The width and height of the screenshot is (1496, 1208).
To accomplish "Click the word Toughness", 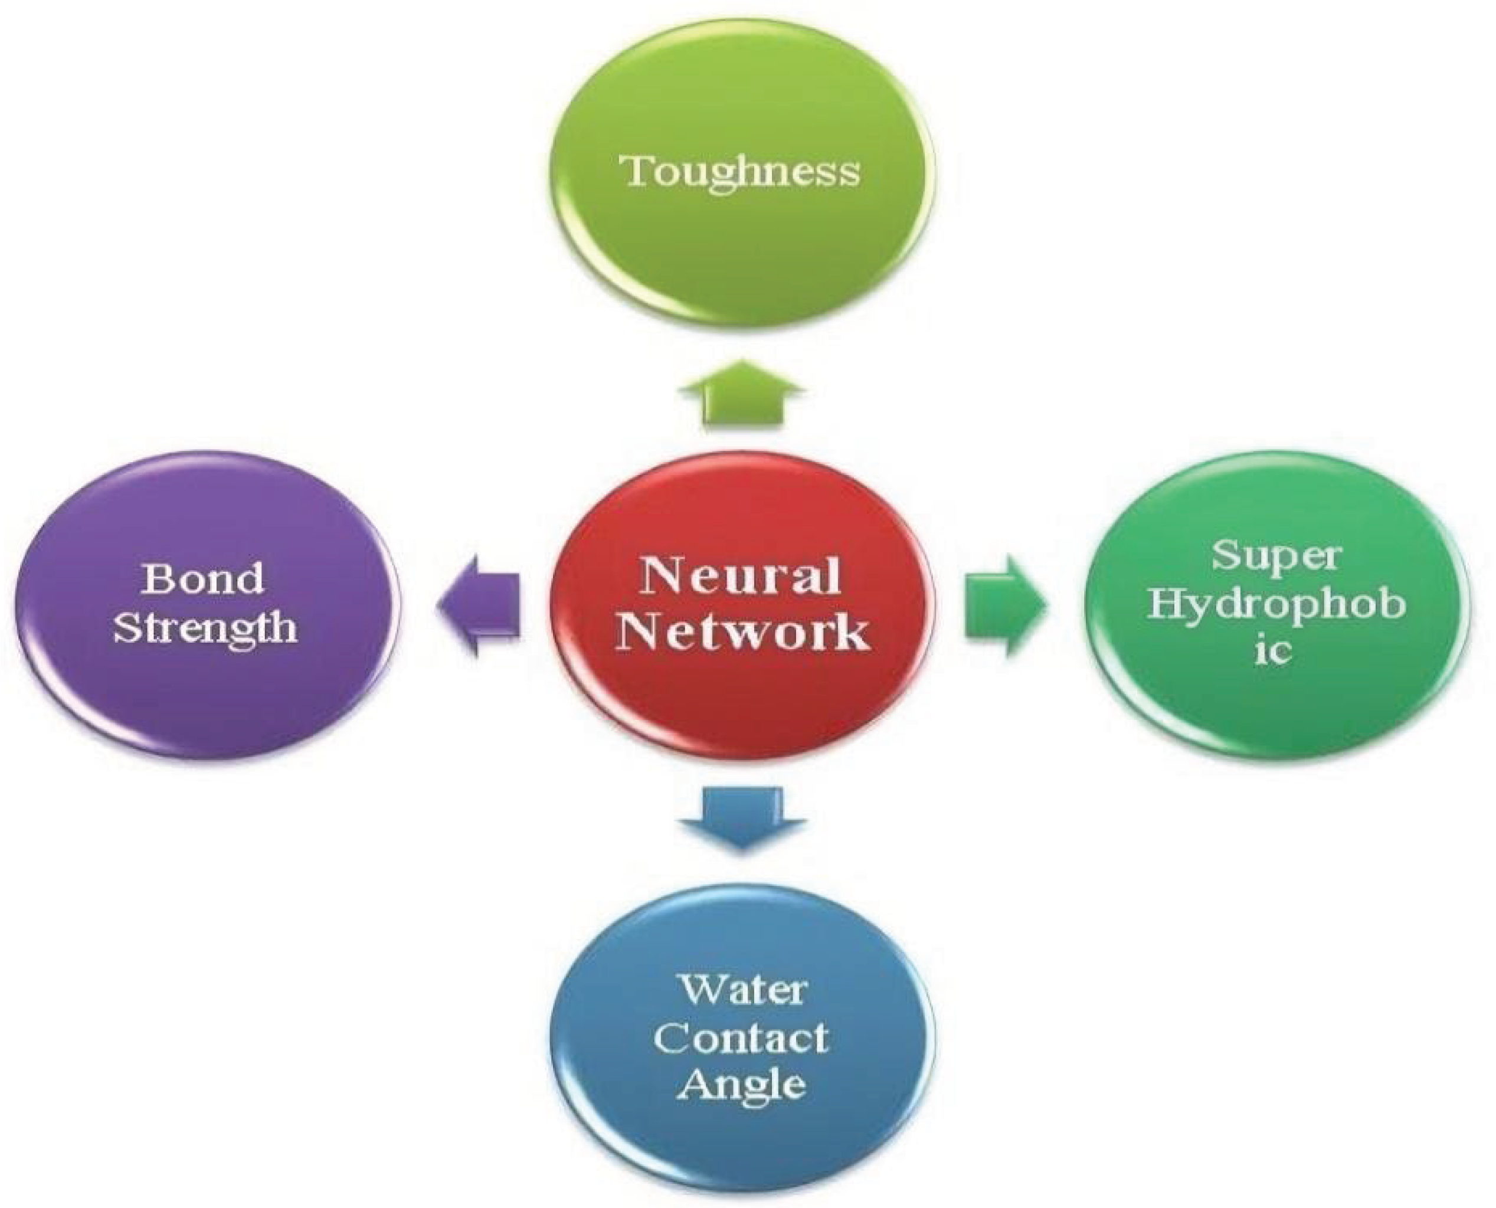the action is pyautogui.click(x=742, y=171).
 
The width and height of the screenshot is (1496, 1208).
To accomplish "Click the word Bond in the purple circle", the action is pyautogui.click(x=203, y=578).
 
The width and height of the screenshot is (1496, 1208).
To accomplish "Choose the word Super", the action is pyautogui.click(x=1275, y=556).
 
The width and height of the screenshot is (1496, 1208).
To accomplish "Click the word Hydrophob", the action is pyautogui.click(x=1275, y=604).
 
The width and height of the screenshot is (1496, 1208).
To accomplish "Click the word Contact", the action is pyautogui.click(x=741, y=1038).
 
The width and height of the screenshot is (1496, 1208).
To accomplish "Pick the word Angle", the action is pyautogui.click(x=741, y=1085).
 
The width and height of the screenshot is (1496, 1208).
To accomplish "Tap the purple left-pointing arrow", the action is pyautogui.click(x=480, y=605).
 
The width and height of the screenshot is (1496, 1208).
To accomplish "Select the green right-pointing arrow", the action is pyautogui.click(x=1006, y=605).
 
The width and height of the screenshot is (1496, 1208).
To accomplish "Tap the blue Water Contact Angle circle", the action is pyautogui.click(x=742, y=1141).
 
